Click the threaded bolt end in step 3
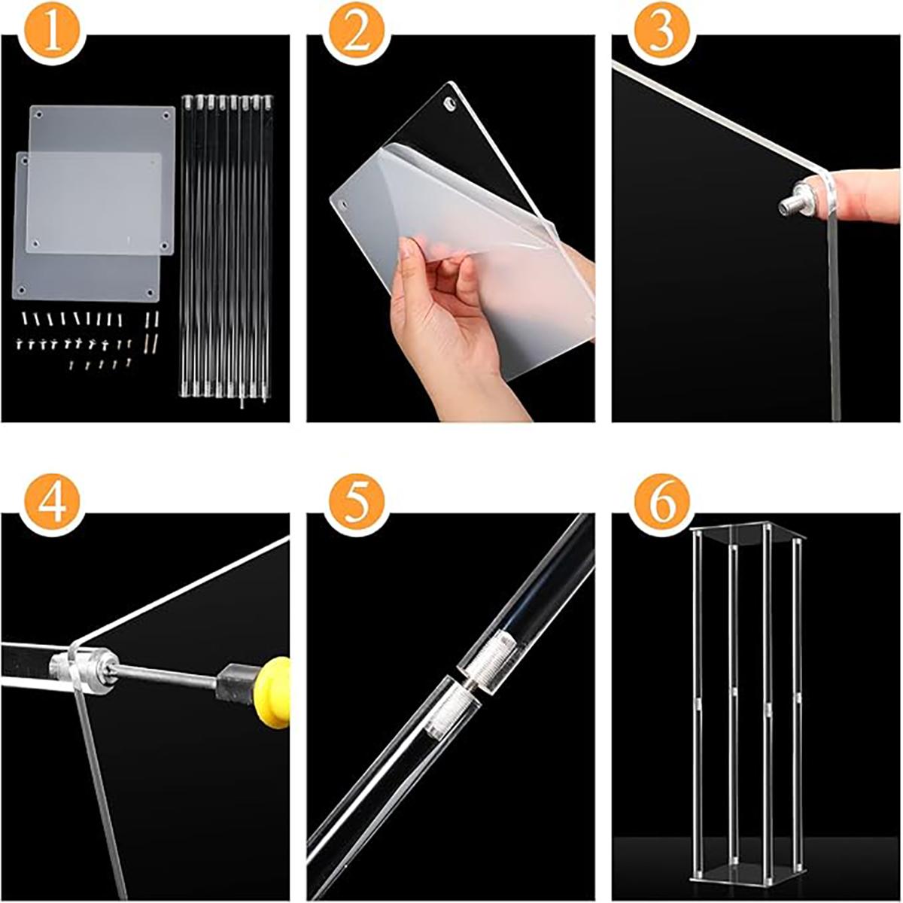pos(790,202)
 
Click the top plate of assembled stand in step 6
pos(745,536)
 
